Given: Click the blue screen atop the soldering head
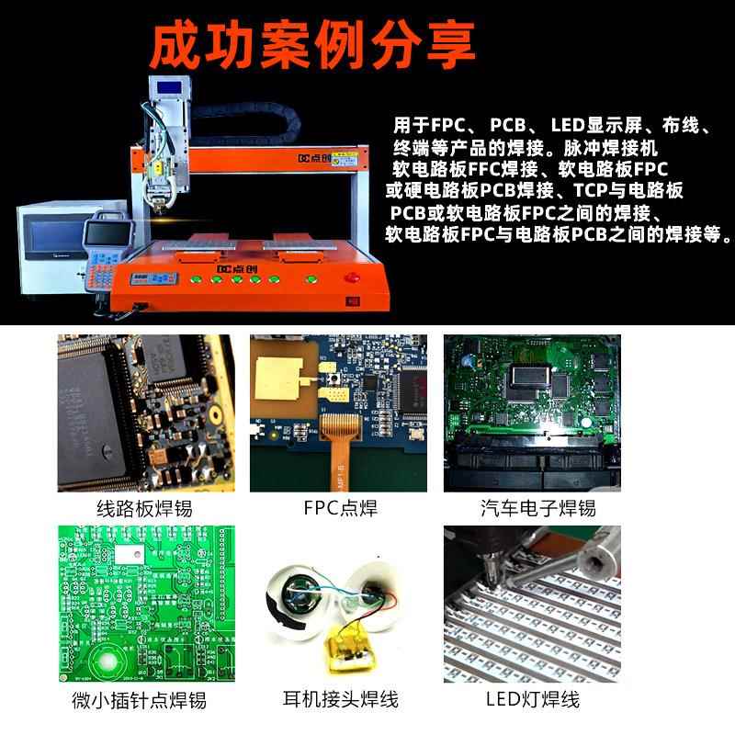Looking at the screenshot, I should (x=171, y=88).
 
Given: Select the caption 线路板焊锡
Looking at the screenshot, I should (x=144, y=508).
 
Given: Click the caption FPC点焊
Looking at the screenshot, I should (x=340, y=508).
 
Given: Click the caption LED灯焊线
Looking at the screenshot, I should (x=533, y=700).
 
